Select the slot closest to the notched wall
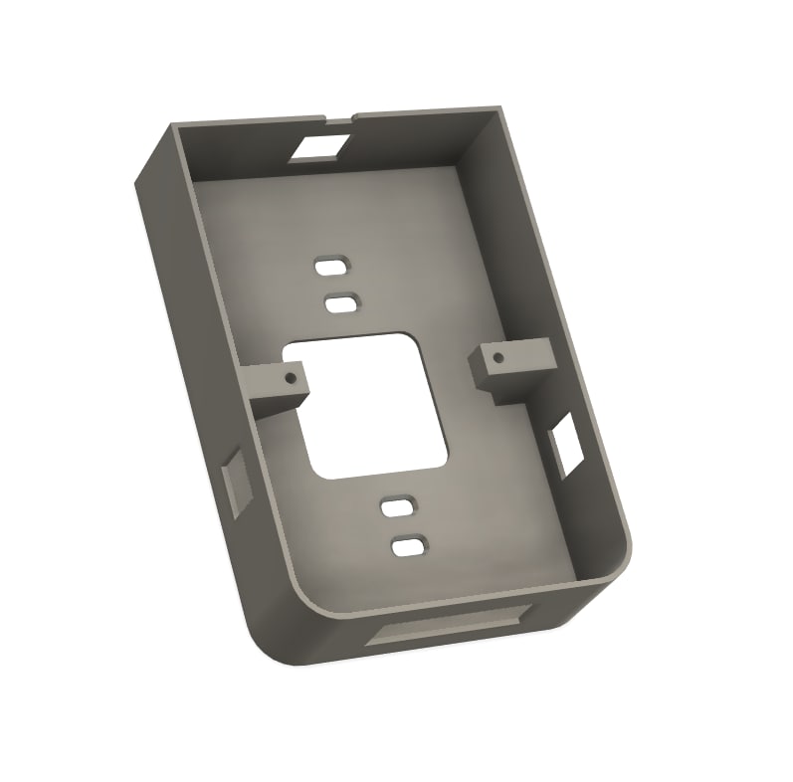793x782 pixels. tap(331, 267)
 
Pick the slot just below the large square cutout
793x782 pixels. tap(398, 507)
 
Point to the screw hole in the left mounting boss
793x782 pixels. tap(290, 379)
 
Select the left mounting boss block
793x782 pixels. tap(274, 383)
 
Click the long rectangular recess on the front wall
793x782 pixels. tap(448, 627)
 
